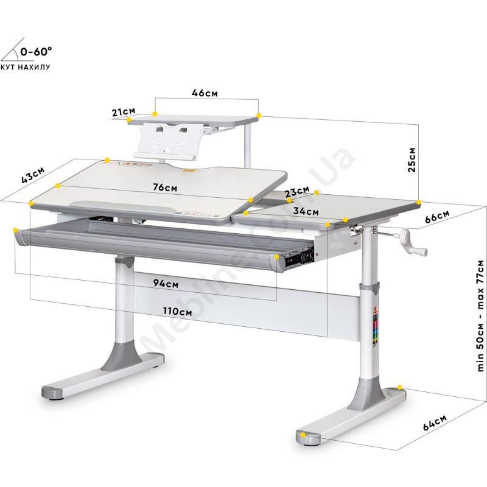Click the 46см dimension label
(205, 93)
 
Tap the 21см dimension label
(124, 111)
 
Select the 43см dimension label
(33, 175)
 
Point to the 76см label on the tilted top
(165, 187)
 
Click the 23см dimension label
(297, 191)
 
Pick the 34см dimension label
(306, 211)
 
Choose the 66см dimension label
(437, 216)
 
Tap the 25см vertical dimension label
(412, 159)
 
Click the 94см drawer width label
(166, 283)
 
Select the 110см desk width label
(177, 311)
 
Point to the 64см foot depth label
(435, 422)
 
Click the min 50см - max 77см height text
(480, 315)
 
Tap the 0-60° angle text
(36, 51)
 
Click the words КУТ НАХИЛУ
(26, 67)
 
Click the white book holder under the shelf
(168, 141)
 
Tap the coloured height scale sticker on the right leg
(375, 328)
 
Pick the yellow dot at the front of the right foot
(303, 435)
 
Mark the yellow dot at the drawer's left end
(15, 230)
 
